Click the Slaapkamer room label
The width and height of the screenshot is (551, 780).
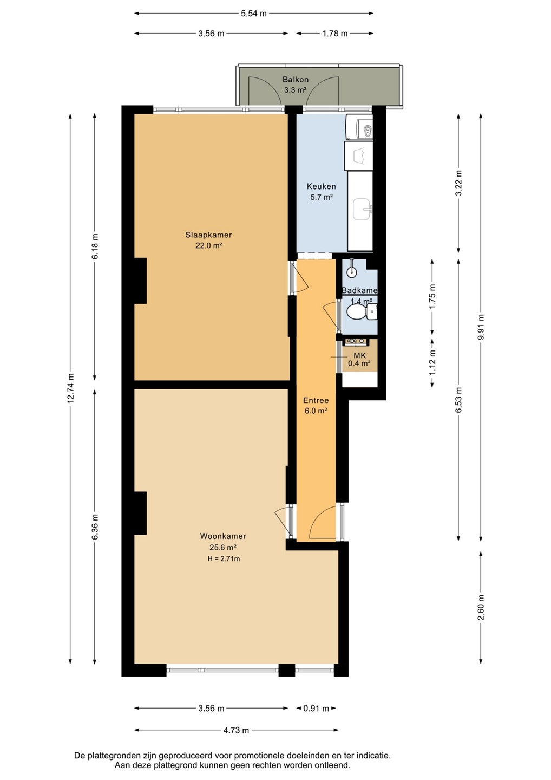click(x=208, y=235)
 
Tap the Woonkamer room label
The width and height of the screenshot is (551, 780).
click(x=223, y=536)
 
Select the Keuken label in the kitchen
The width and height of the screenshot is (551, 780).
click(x=322, y=186)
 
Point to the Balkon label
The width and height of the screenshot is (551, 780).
click(x=296, y=80)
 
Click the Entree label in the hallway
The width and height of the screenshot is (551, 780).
click(x=316, y=400)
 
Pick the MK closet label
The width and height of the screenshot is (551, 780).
click(x=359, y=356)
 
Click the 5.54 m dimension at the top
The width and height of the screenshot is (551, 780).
click(x=254, y=14)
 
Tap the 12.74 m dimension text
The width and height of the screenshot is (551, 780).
click(x=71, y=388)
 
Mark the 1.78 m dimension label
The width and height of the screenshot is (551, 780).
click(x=334, y=34)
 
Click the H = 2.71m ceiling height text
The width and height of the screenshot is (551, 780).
click(x=223, y=559)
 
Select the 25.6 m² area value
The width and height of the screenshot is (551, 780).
click(x=223, y=548)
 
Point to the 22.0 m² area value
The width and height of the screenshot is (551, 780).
click(x=208, y=245)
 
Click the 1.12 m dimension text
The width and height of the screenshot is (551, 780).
click(x=432, y=362)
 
